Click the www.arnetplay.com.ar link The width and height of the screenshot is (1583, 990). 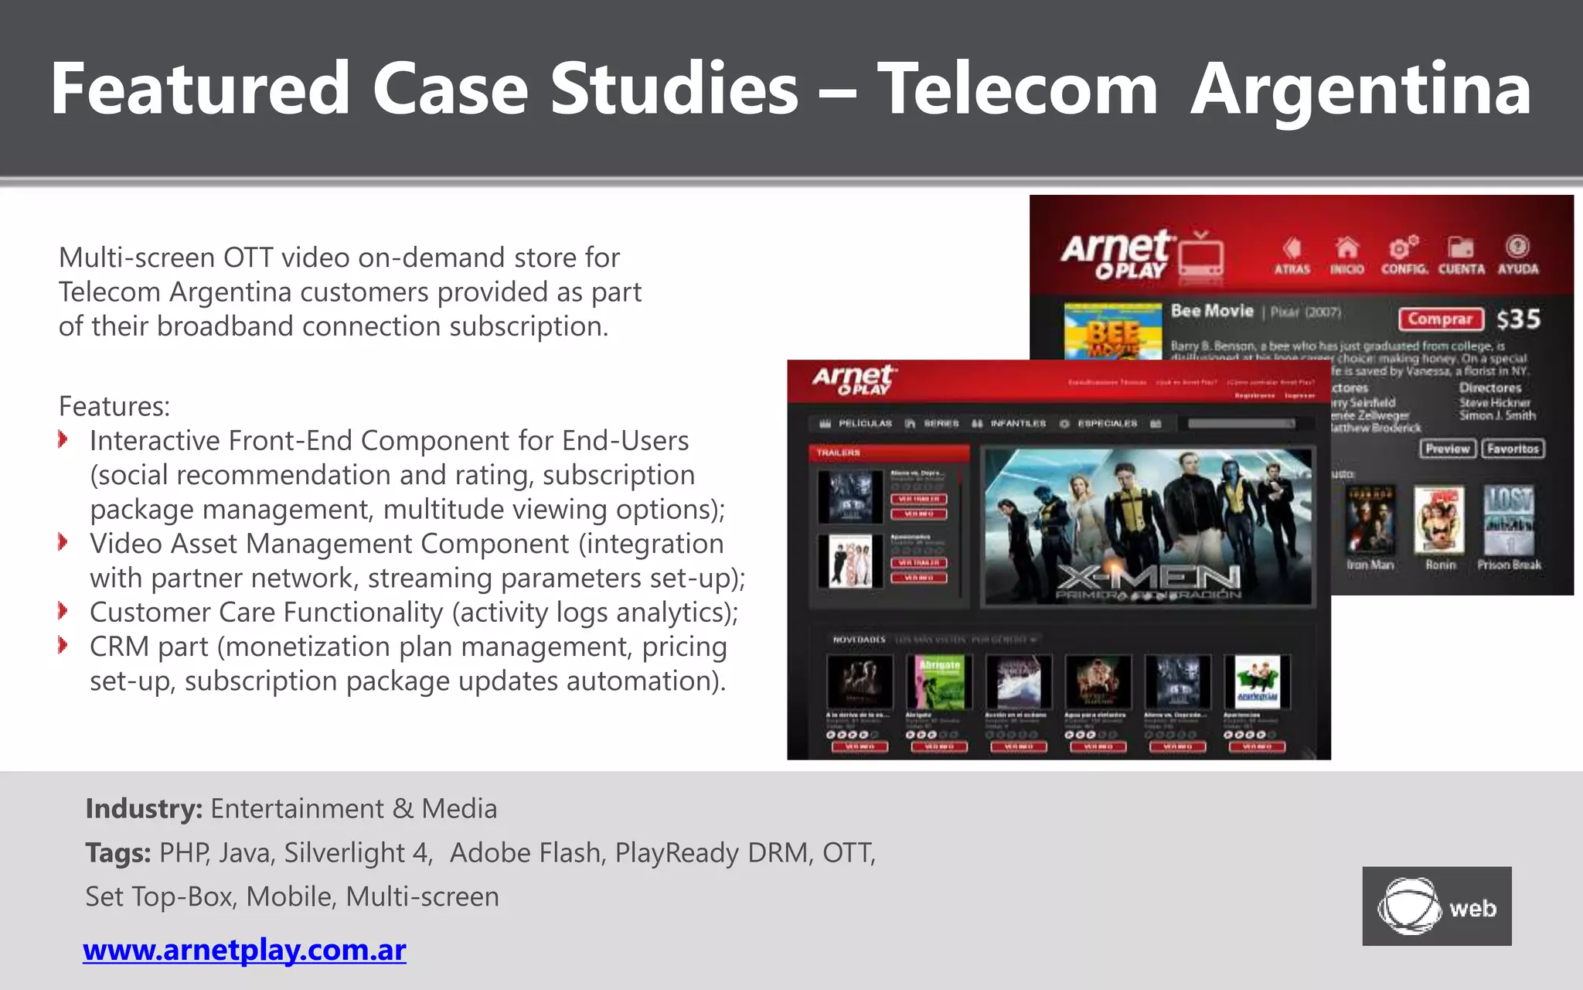(x=244, y=950)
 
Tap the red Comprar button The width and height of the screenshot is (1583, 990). (x=1440, y=319)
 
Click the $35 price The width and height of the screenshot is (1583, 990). (x=1518, y=319)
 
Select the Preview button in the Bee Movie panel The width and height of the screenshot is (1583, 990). (x=1447, y=449)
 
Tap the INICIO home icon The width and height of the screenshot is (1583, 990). (x=1346, y=248)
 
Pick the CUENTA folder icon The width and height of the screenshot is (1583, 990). (x=1460, y=247)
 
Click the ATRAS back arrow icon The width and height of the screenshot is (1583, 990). (x=1292, y=248)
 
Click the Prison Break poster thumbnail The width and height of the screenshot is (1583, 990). (x=1508, y=519)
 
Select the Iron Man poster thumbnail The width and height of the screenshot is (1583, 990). (x=1370, y=519)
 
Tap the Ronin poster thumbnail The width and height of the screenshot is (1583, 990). (x=1439, y=519)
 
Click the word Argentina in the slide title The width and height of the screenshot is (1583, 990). (x=1360, y=90)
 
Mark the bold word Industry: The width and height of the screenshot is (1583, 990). (x=144, y=809)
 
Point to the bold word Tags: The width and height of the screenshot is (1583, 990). (x=118, y=853)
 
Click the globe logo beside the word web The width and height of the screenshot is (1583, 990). (x=1408, y=906)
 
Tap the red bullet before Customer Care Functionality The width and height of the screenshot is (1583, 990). (x=63, y=612)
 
